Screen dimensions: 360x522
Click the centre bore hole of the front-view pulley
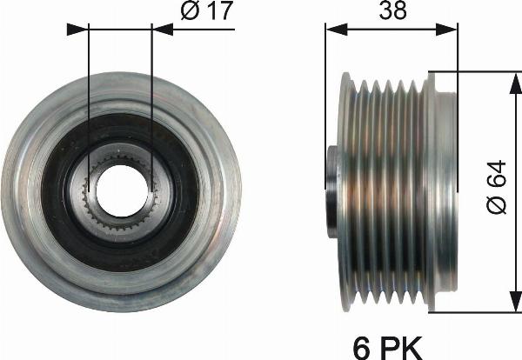click(x=121, y=189)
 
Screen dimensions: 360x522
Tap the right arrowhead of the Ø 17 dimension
click(x=163, y=29)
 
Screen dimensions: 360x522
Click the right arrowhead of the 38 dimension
click(x=451, y=29)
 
